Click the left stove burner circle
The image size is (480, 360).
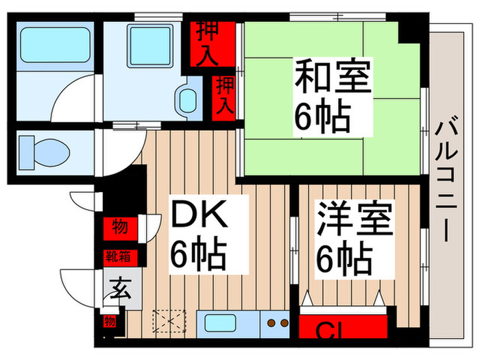[270, 322]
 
